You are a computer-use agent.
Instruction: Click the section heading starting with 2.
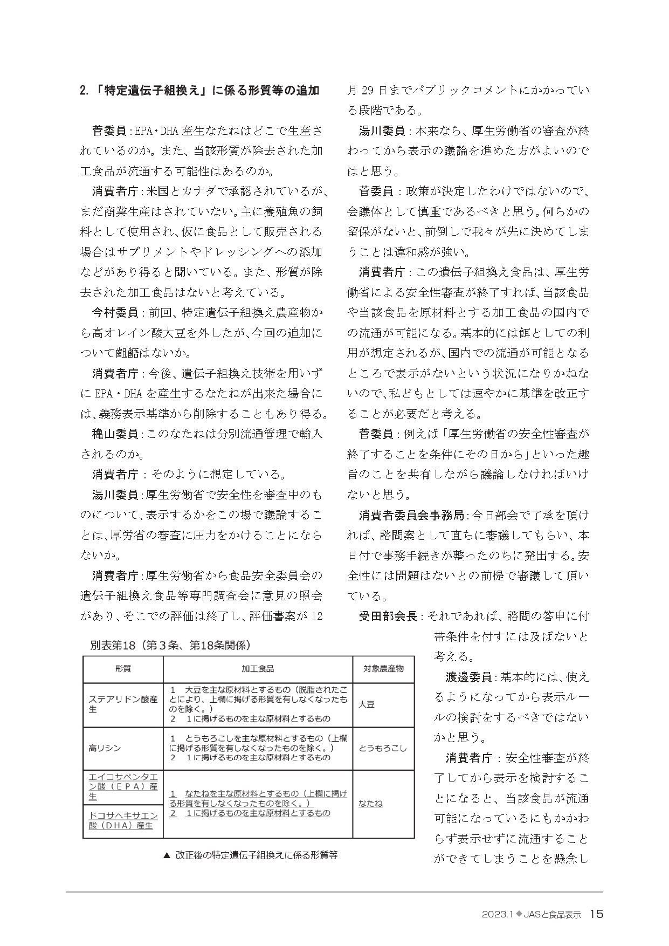(199, 90)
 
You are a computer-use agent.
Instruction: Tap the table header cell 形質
(123, 669)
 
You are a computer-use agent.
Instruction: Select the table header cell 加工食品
(258, 669)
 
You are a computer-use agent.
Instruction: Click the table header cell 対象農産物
(383, 669)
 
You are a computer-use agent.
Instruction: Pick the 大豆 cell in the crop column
(367, 704)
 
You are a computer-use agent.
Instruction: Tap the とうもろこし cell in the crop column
(383, 748)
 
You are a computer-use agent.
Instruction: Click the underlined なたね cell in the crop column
(370, 803)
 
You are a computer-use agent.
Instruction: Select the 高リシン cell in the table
(105, 748)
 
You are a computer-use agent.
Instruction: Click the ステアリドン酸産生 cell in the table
(123, 704)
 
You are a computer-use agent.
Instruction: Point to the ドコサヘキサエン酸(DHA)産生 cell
(123, 820)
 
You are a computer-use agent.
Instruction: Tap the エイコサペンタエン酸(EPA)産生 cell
(123, 786)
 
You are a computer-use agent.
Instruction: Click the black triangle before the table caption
(166, 855)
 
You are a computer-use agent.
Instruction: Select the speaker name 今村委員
(115, 313)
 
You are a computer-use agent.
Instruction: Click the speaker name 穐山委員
(115, 434)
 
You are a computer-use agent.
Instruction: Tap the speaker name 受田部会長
(388, 616)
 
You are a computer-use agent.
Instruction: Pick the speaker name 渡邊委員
(468, 676)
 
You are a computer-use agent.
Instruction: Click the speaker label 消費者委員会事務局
(412, 515)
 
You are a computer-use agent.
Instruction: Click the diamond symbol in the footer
(519, 914)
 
